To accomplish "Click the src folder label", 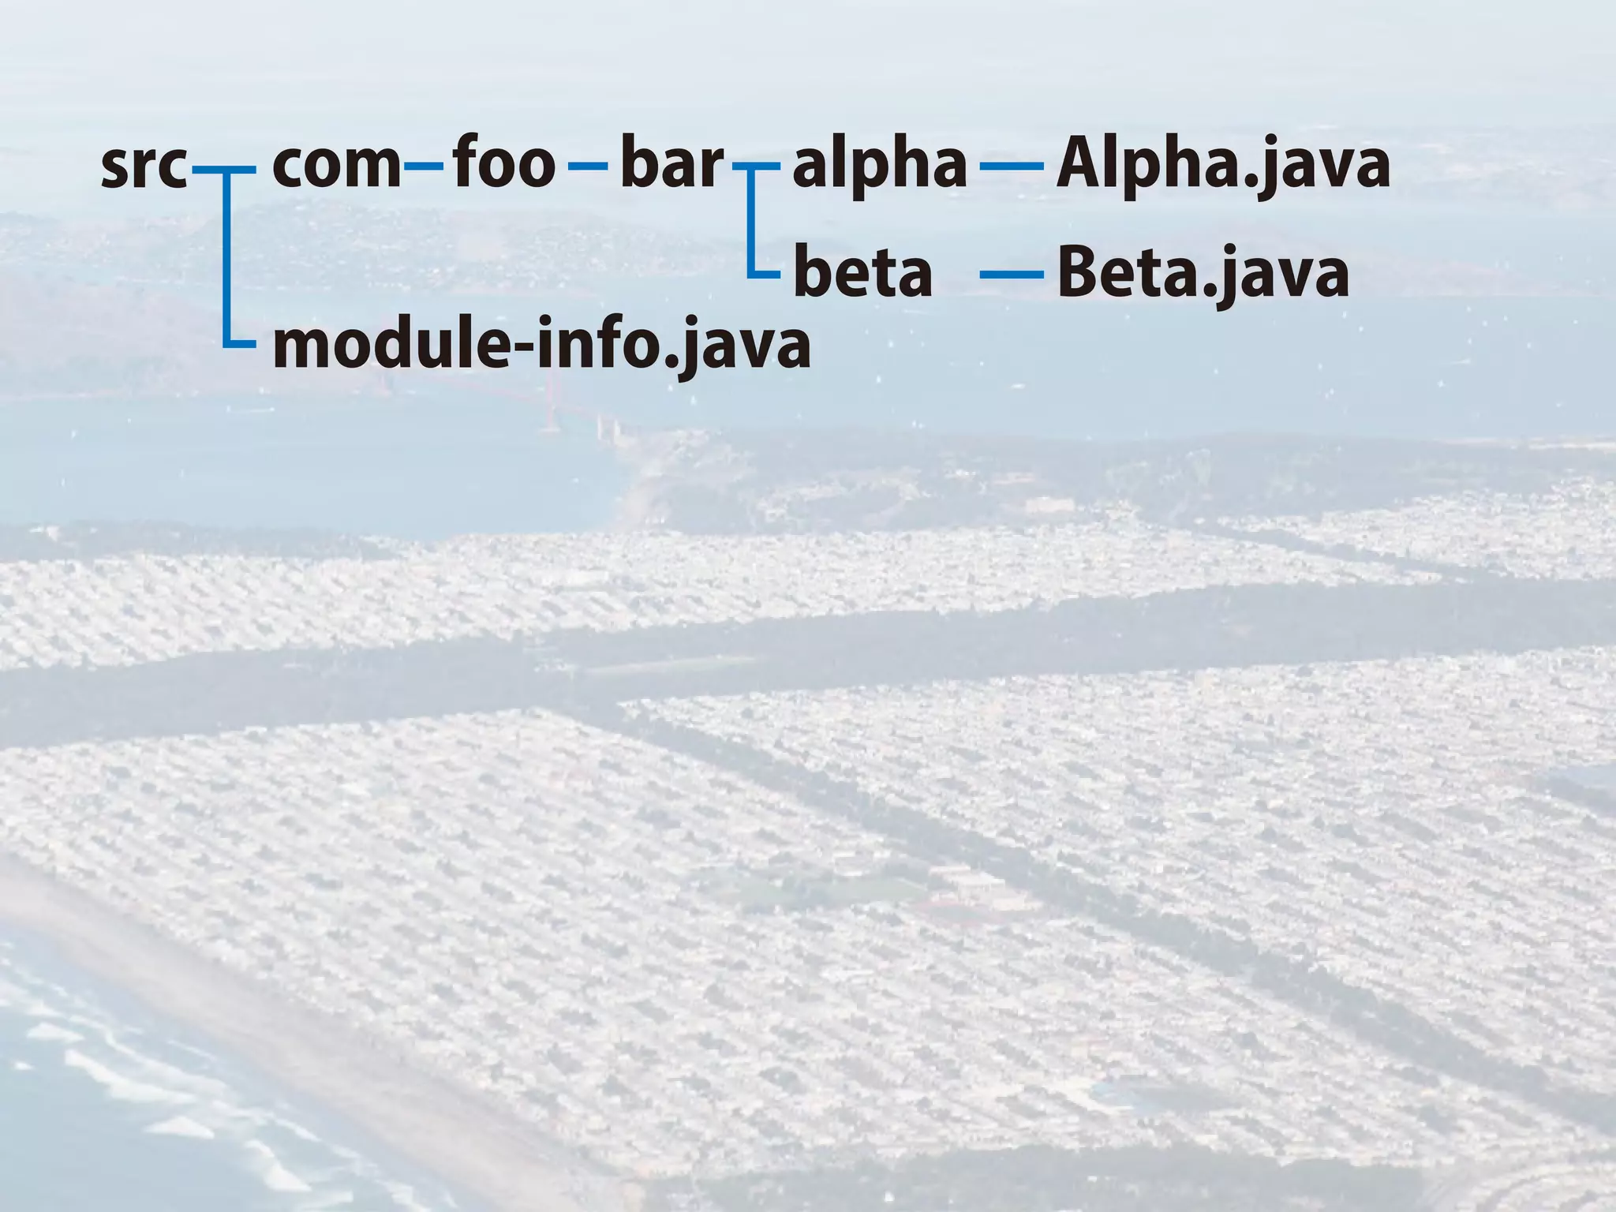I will tap(144, 166).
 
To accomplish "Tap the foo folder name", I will tap(504, 163).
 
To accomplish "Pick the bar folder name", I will tap(671, 163).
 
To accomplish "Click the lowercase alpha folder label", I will tap(879, 166).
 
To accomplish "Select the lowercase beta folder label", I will tap(862, 273).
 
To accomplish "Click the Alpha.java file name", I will tap(1222, 166).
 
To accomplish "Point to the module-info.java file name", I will tap(541, 346).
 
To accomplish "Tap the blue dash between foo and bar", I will tap(588, 166).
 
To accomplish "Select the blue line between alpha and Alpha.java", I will tap(1011, 166).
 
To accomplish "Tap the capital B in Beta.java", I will tap(1079, 272).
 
